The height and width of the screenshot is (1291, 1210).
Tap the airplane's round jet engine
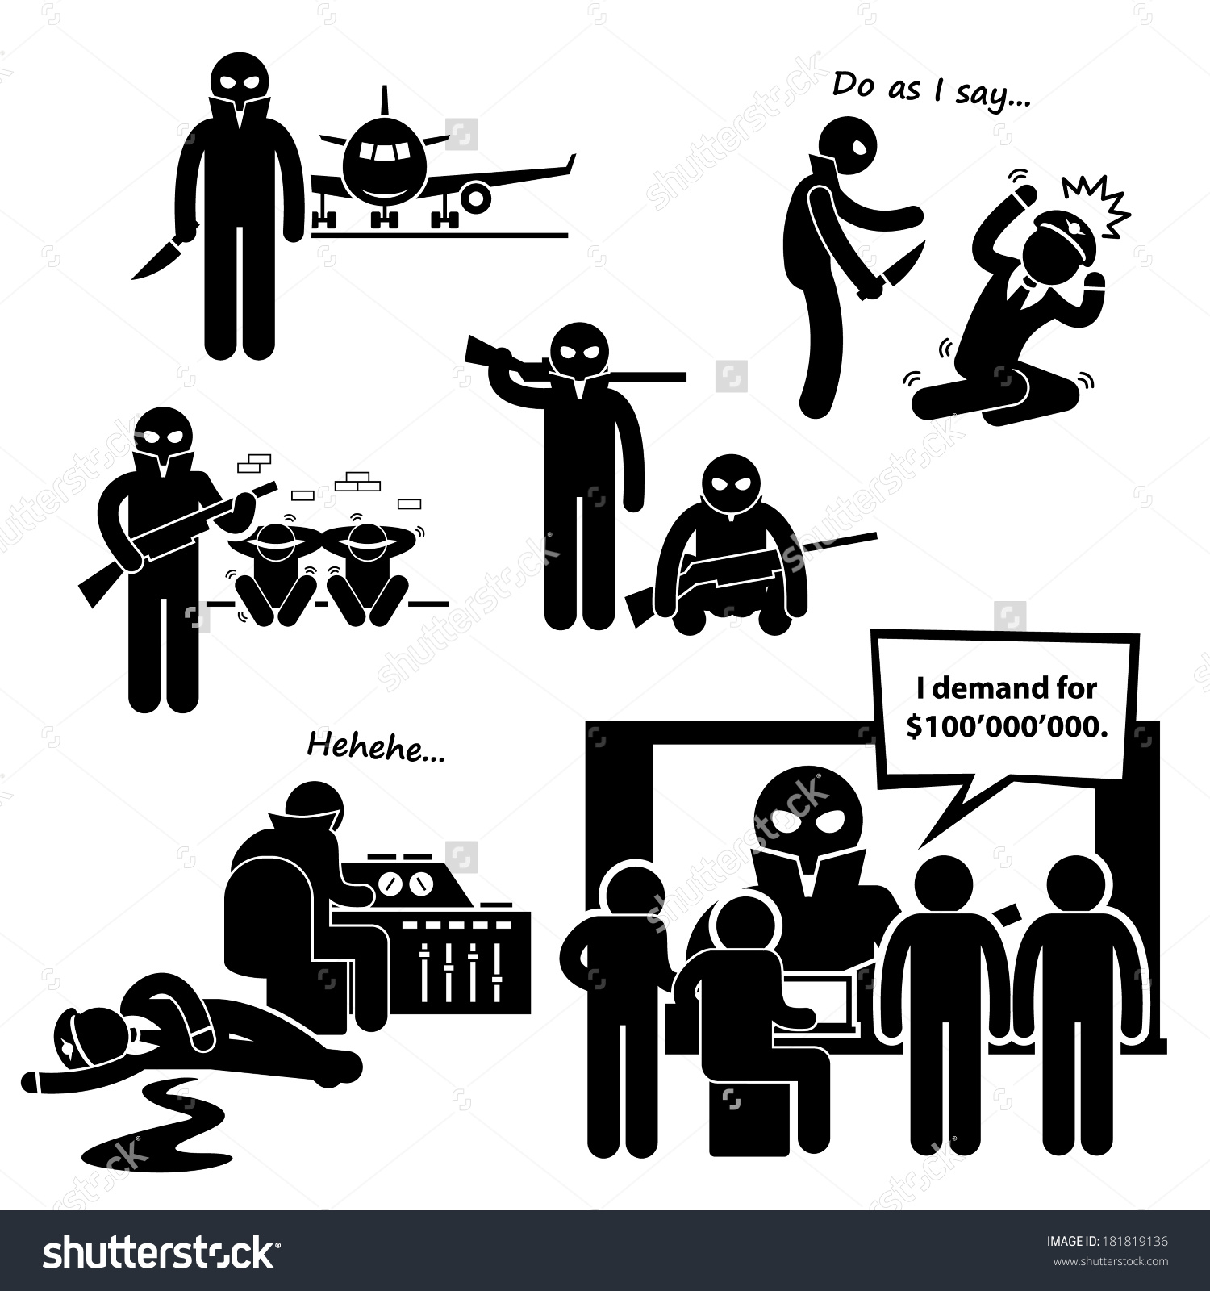(x=474, y=196)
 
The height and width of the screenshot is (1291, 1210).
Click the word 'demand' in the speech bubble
(x=995, y=688)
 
